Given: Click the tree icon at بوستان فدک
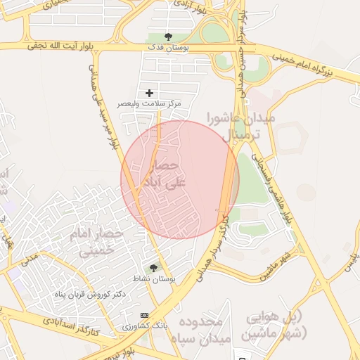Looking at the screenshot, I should click(x=167, y=36).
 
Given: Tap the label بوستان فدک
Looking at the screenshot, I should click(x=167, y=46).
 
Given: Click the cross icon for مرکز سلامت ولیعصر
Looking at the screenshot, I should click(x=149, y=93).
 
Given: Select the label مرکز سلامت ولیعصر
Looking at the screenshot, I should click(x=148, y=103).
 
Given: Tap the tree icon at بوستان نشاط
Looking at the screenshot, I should click(x=153, y=267).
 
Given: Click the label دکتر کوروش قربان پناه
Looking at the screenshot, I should click(x=90, y=294).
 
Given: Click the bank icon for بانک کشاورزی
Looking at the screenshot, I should click(x=145, y=315).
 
